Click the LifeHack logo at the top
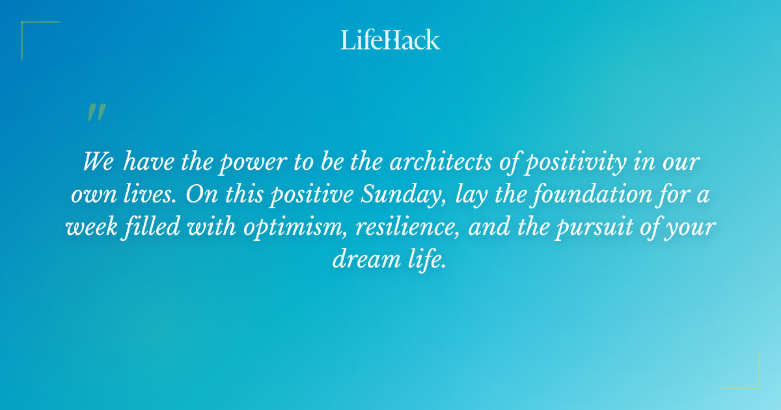[x=390, y=40]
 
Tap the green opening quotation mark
[x=96, y=113]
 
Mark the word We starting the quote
[x=98, y=162]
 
